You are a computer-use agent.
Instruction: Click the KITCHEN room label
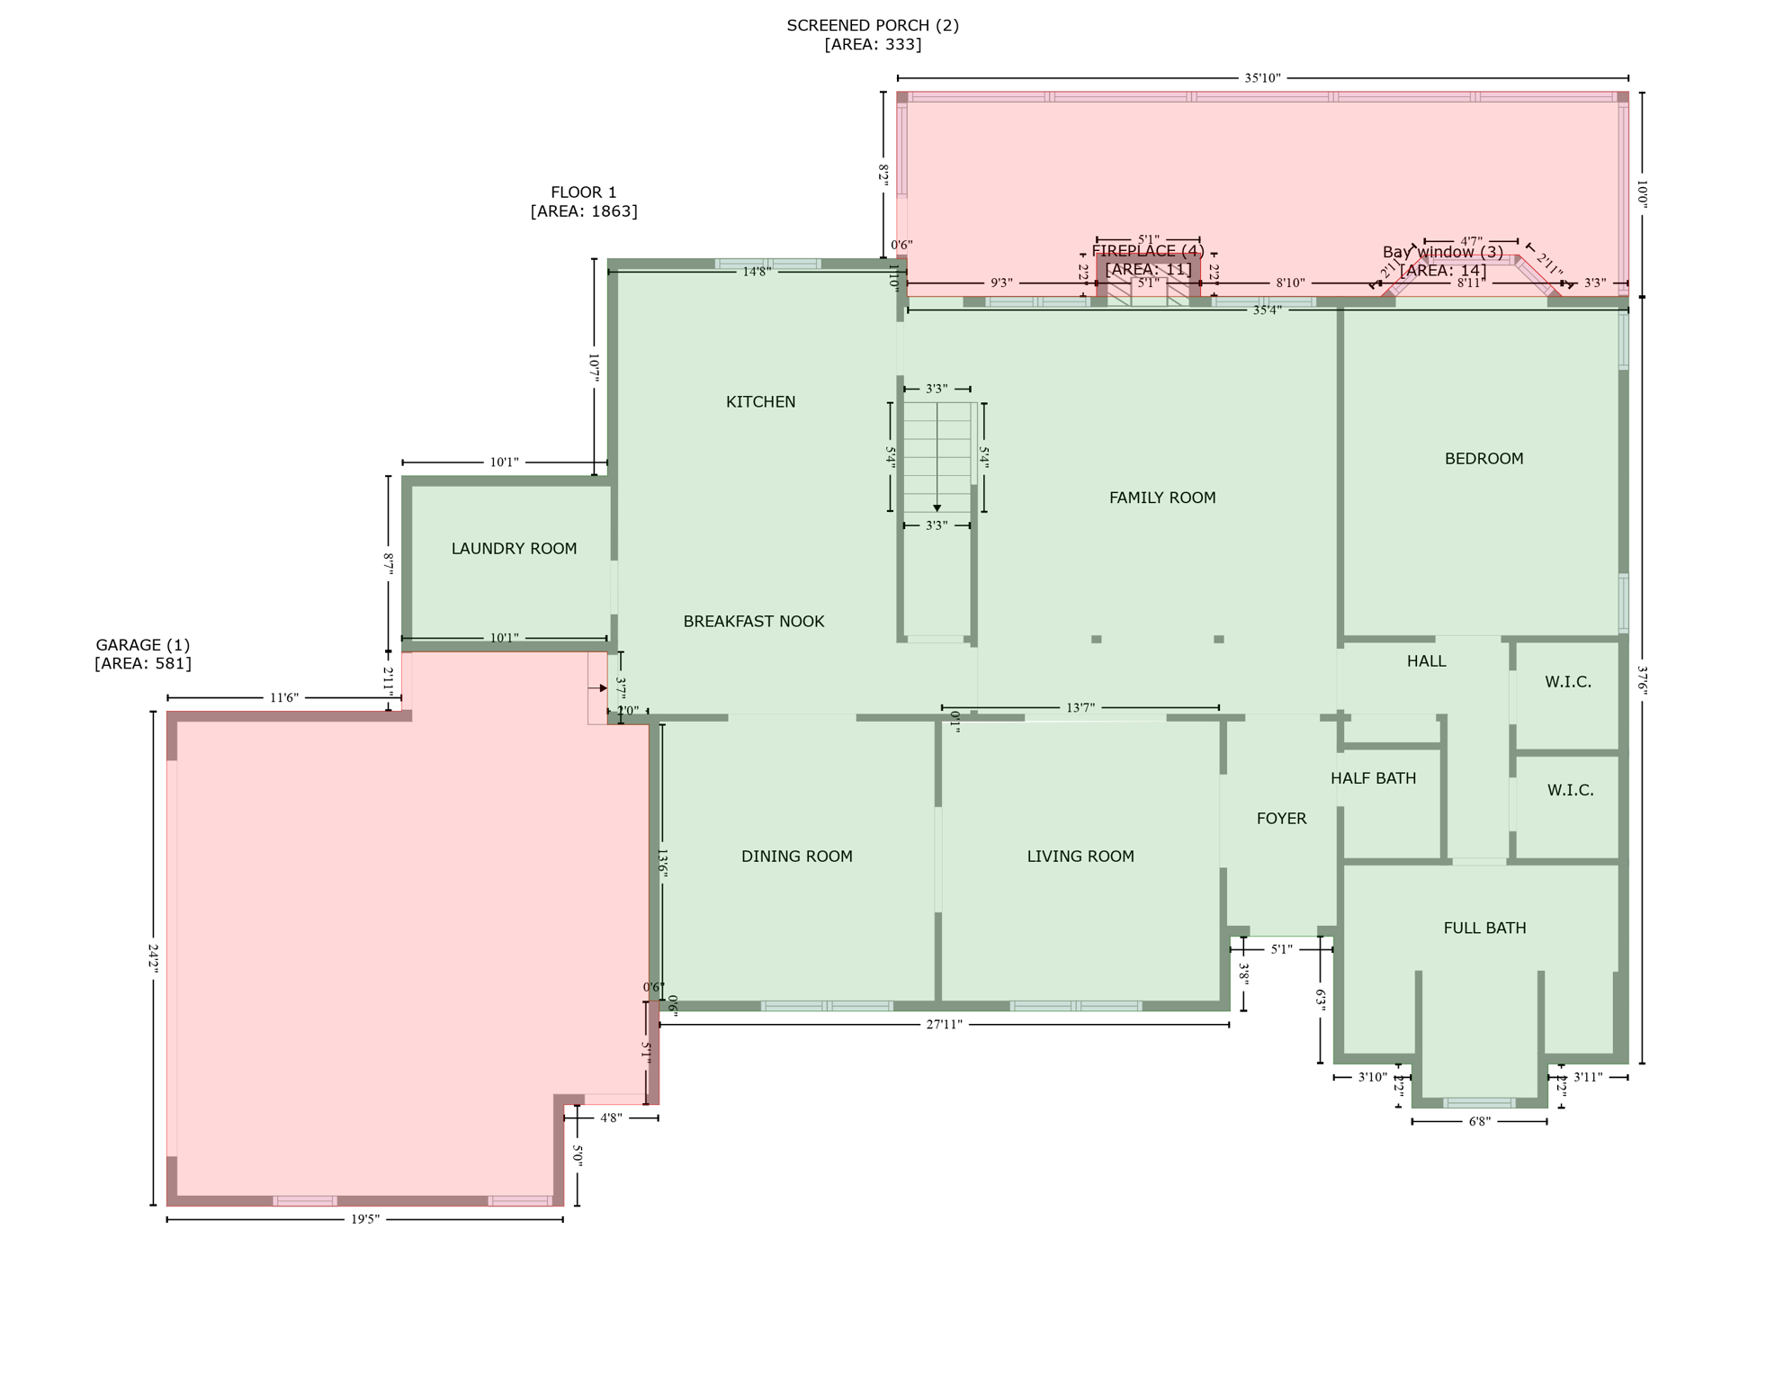(760, 402)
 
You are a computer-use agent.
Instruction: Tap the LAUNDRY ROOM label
(514, 549)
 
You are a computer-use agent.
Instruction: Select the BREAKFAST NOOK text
(753, 622)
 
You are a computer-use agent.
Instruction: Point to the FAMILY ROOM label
(1161, 498)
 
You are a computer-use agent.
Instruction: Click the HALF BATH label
(1373, 778)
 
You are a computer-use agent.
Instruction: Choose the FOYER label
(1281, 819)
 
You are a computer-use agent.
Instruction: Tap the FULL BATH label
(1484, 929)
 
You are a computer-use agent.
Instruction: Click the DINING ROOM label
(796, 857)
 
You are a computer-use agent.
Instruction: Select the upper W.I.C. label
(1568, 682)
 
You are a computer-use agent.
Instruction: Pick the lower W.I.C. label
(1570, 790)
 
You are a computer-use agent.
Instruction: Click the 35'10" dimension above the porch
(1262, 78)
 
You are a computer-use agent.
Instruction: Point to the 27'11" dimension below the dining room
(944, 1025)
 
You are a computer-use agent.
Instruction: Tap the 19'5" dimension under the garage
(364, 1220)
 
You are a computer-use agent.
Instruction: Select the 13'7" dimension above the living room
(1080, 708)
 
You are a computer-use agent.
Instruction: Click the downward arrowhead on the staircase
(937, 508)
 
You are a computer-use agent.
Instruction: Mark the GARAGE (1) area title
(143, 645)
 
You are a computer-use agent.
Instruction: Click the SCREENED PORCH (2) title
(872, 25)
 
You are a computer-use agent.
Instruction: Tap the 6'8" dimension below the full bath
(1479, 1122)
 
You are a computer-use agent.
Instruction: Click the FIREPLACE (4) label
(1147, 251)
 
